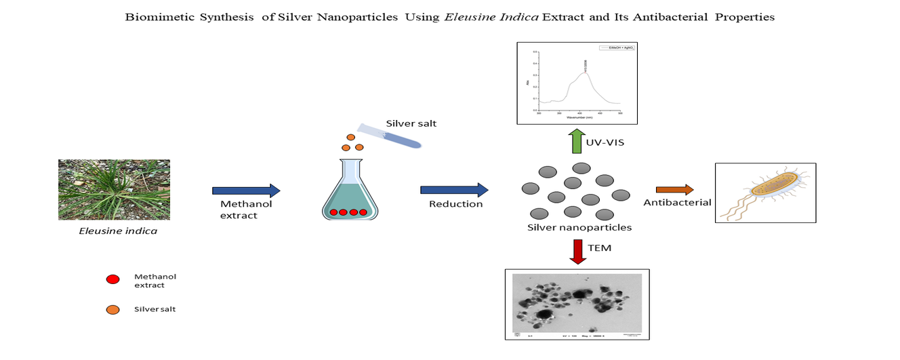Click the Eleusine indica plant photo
click(114, 189)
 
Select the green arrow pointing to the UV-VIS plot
click(576, 142)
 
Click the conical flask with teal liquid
click(344, 193)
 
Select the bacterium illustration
click(766, 193)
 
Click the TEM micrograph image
click(577, 304)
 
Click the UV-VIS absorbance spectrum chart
click(577, 83)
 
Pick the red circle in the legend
click(113, 279)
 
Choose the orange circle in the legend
click(113, 310)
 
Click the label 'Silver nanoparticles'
click(579, 227)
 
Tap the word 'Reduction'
click(456, 203)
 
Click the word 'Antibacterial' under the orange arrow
click(678, 202)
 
